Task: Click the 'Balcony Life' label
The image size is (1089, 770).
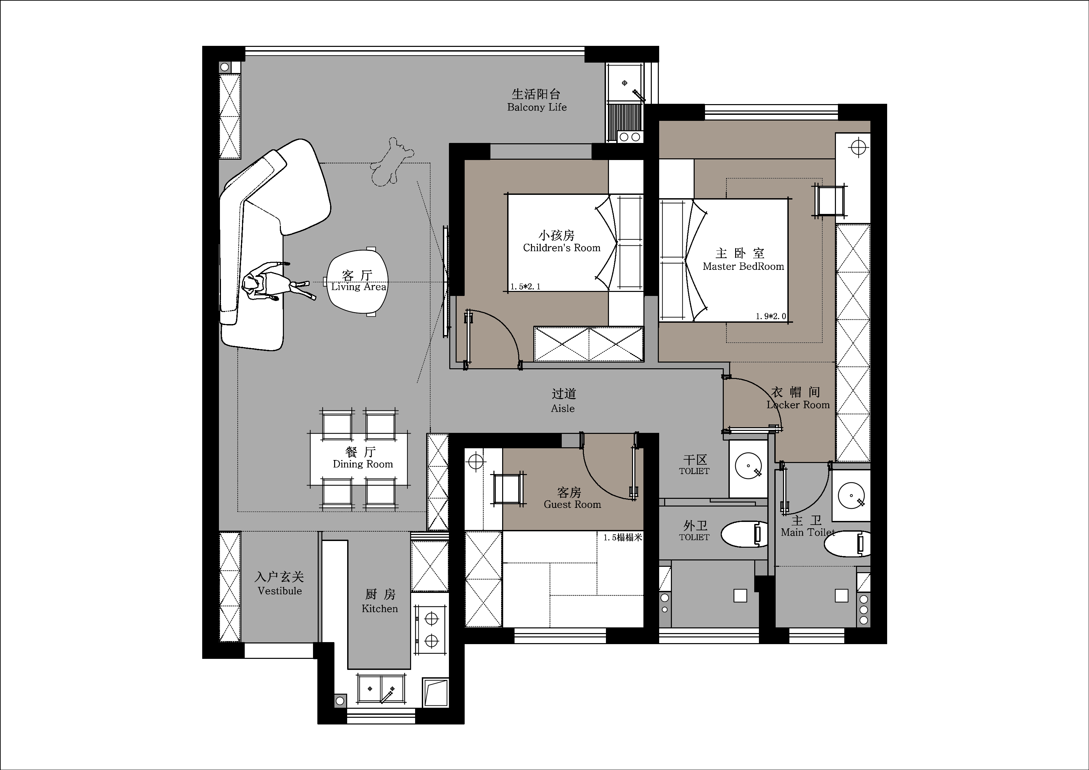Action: [537, 107]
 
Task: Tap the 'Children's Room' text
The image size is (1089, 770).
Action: [562, 248]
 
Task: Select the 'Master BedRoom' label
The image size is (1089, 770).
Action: [743, 266]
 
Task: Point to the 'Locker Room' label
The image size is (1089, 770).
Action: [798, 405]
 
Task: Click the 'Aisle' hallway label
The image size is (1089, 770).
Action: [563, 408]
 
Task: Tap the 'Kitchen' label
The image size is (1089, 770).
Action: [380, 609]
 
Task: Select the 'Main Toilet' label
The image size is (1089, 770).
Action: [808, 532]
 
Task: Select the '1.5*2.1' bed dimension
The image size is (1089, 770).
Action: [526, 287]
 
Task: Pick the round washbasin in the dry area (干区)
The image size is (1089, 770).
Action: [748, 466]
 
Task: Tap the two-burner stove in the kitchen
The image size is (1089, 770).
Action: [431, 630]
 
